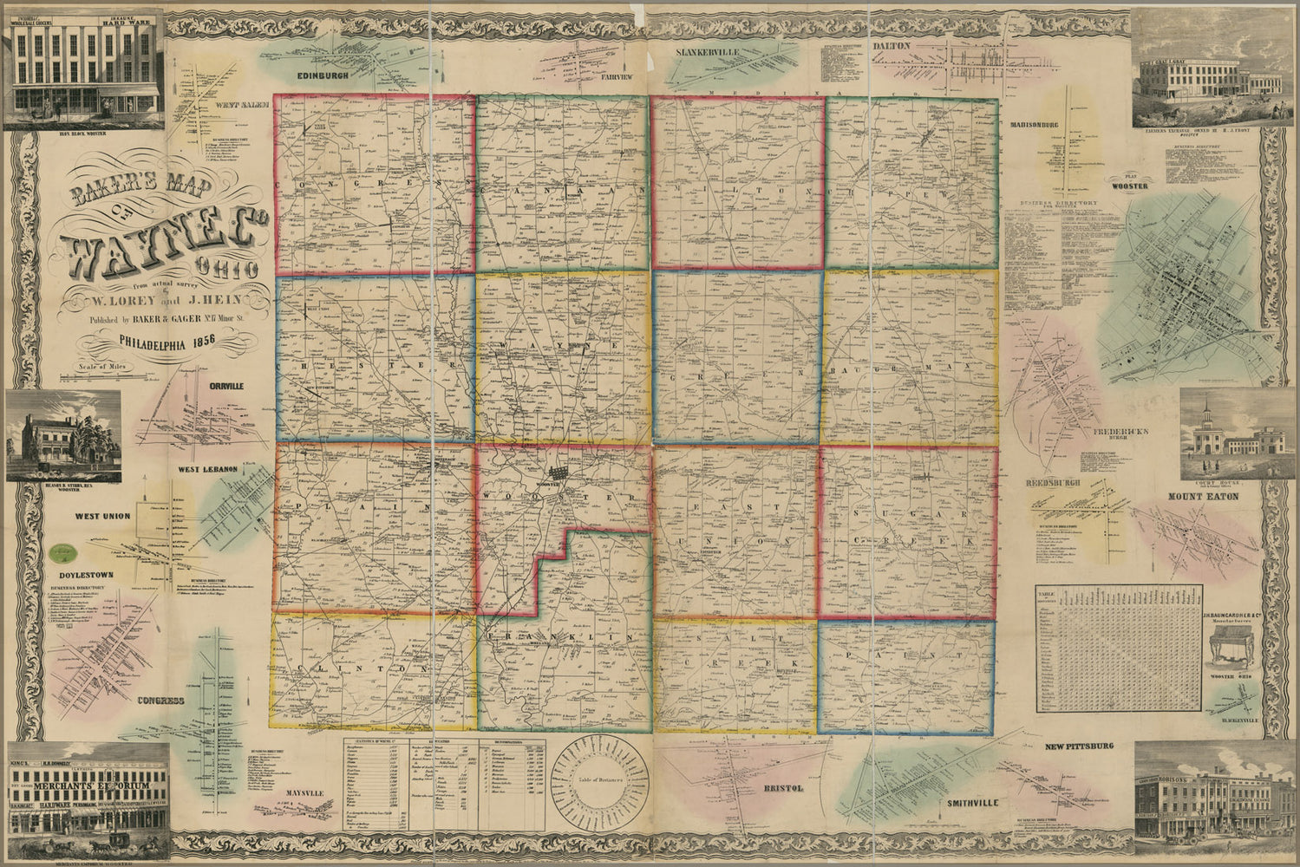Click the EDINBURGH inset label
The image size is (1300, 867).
point(304,76)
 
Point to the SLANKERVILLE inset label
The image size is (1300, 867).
point(709,53)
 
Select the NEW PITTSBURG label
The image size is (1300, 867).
point(1079,746)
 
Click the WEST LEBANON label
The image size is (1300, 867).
point(208,469)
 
